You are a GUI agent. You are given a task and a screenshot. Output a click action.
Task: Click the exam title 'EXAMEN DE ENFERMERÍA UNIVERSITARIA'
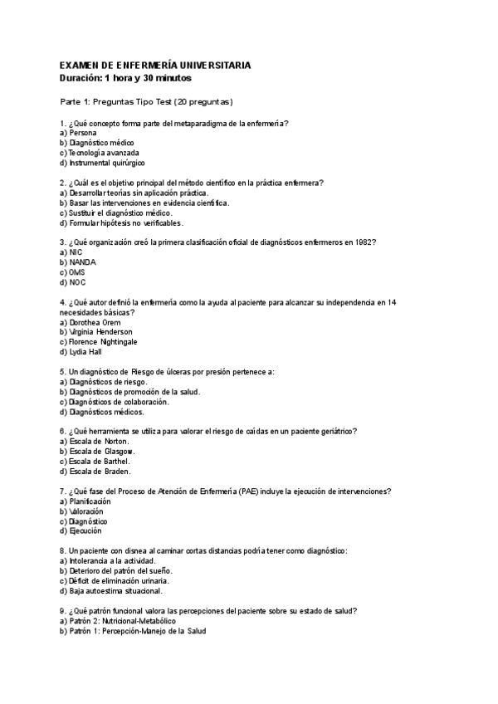[x=154, y=66]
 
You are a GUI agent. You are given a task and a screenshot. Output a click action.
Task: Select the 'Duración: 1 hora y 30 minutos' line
[x=125, y=78]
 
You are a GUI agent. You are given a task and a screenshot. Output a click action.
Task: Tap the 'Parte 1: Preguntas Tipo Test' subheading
[x=146, y=102]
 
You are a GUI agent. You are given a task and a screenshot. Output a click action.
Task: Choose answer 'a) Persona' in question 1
[x=78, y=133]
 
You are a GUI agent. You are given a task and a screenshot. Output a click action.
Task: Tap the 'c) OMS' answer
[x=73, y=272]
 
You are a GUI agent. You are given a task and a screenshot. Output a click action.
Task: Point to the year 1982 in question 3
[x=365, y=242]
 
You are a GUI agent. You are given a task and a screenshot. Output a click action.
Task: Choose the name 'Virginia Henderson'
[x=100, y=332]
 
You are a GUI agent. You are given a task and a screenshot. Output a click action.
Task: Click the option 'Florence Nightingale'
[x=104, y=342]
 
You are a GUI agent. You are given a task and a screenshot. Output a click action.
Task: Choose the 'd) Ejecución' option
[x=81, y=531]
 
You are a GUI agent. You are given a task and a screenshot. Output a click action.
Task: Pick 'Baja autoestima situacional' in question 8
[x=112, y=591]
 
